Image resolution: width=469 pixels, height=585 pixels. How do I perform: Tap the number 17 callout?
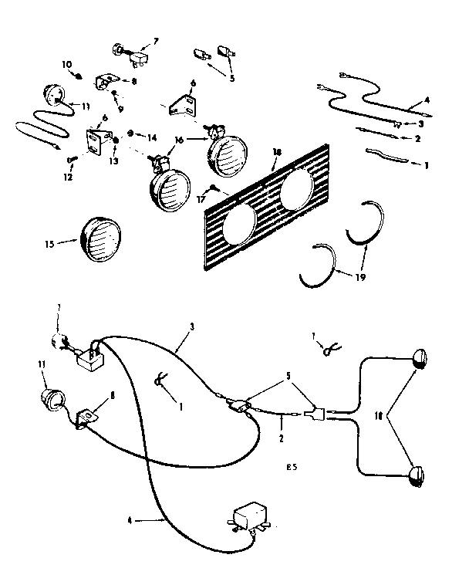[x=203, y=198]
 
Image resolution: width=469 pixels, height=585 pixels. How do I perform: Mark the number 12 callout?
[x=68, y=177]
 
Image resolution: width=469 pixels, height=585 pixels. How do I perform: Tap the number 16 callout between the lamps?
[x=179, y=141]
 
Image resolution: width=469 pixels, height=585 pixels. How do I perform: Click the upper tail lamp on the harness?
[x=420, y=358]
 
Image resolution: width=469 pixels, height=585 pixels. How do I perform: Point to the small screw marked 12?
[x=73, y=160]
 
